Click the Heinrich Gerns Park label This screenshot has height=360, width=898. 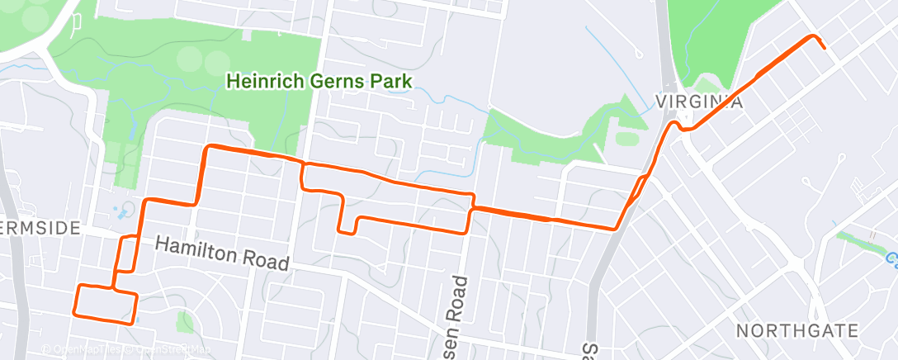[319, 81]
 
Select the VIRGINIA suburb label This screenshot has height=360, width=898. [700, 102]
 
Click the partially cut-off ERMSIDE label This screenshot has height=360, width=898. [40, 227]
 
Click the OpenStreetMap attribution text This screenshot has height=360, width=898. [166, 349]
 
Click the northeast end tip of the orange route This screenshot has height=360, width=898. [824, 47]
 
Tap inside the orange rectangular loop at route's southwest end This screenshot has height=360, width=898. [105, 301]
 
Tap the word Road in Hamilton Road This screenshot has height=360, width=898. [263, 259]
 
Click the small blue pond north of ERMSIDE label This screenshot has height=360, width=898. [124, 211]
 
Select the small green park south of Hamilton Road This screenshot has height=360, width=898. [185, 321]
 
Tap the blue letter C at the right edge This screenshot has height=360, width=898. [892, 260]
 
